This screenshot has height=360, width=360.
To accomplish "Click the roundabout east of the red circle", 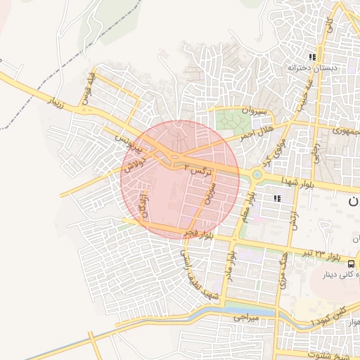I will [x=257, y=175].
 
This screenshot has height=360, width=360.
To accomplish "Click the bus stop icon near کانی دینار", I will [x=350, y=263].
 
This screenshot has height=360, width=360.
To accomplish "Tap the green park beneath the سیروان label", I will [x=229, y=120].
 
